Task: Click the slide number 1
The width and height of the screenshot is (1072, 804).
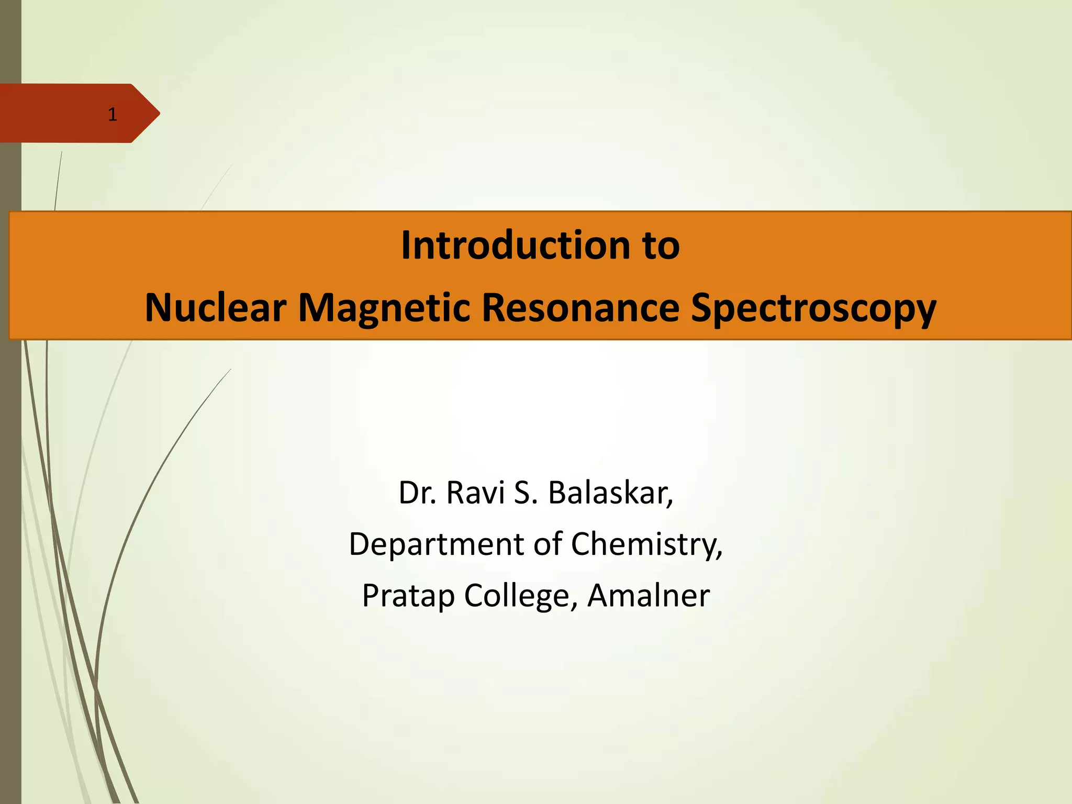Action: [112, 114]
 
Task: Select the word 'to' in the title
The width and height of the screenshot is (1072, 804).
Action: [661, 245]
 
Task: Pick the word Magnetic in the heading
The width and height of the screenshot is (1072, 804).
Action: [384, 308]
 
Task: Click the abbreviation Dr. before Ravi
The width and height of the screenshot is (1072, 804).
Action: [417, 493]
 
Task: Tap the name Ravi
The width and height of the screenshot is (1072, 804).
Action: [475, 493]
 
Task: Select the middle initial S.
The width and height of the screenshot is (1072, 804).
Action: [525, 493]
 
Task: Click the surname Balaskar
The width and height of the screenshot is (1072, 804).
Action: [607, 493]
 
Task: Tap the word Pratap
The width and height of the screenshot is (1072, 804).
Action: [408, 596]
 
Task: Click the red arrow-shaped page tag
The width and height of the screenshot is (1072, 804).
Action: [68, 113]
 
